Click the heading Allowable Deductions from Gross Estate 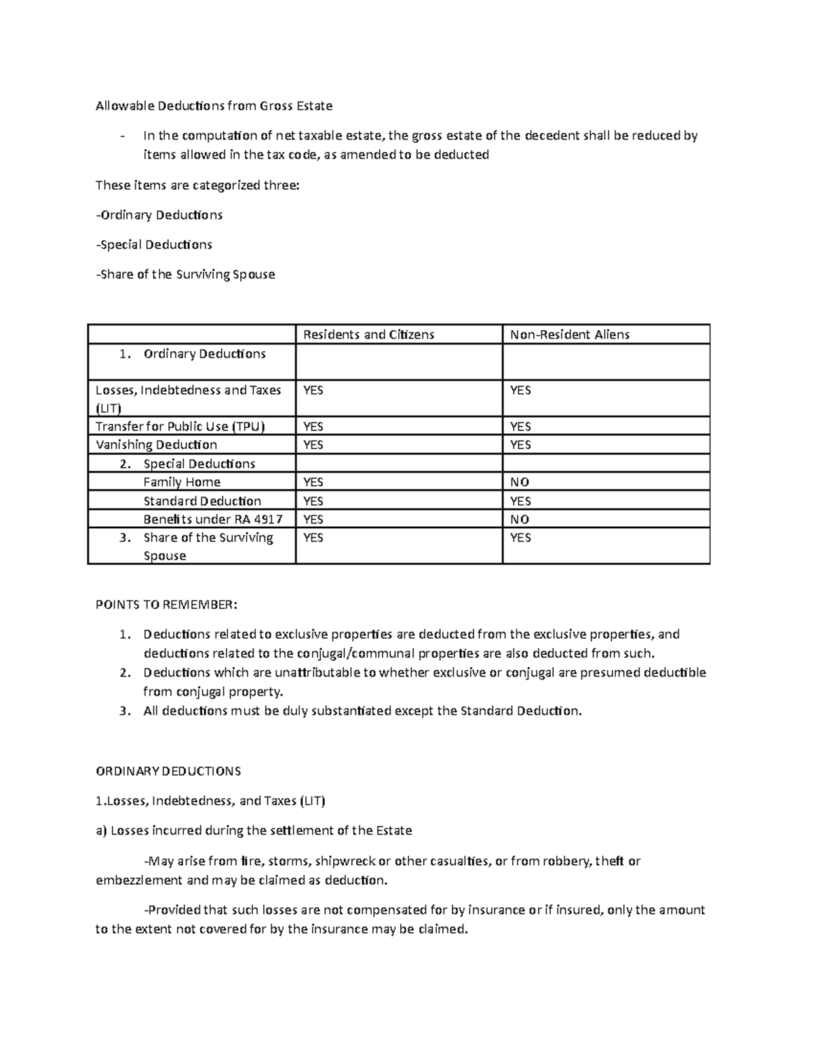click(214, 106)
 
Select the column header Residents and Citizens click(368, 334)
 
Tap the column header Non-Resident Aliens click(570, 334)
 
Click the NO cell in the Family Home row click(520, 482)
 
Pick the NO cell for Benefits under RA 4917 click(520, 519)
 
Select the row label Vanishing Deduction click(156, 445)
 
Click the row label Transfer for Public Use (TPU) click(180, 426)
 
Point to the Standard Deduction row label click(202, 501)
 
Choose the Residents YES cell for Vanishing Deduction click(313, 445)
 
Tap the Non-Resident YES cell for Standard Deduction click(520, 501)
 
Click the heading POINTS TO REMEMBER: click(167, 605)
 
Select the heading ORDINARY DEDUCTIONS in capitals click(168, 771)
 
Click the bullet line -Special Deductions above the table click(154, 244)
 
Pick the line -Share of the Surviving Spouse click(185, 275)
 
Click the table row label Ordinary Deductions click(204, 354)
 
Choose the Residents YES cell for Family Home click(313, 482)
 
